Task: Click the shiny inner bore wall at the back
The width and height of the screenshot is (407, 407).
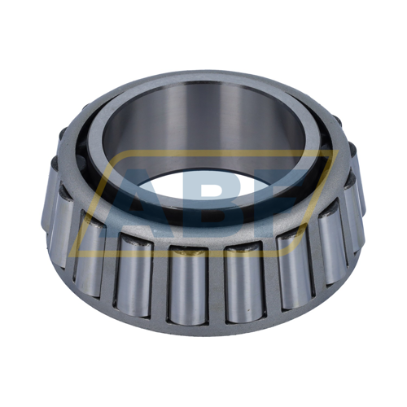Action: pos(203,122)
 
